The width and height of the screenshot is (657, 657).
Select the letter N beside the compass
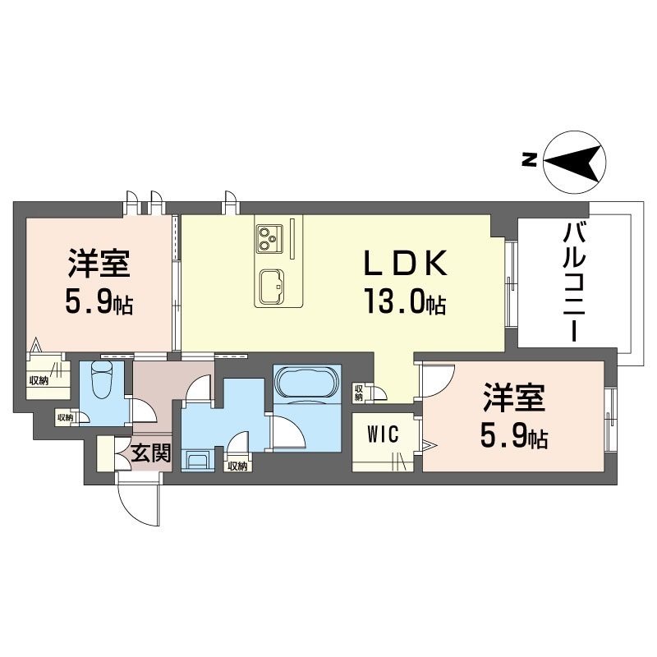click(530, 161)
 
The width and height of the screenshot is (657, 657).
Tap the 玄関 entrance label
click(150, 453)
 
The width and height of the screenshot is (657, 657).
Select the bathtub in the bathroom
click(305, 384)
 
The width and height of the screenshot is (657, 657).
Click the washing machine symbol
click(198, 459)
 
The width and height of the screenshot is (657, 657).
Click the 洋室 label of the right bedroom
click(513, 400)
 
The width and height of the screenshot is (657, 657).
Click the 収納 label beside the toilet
click(65, 417)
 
